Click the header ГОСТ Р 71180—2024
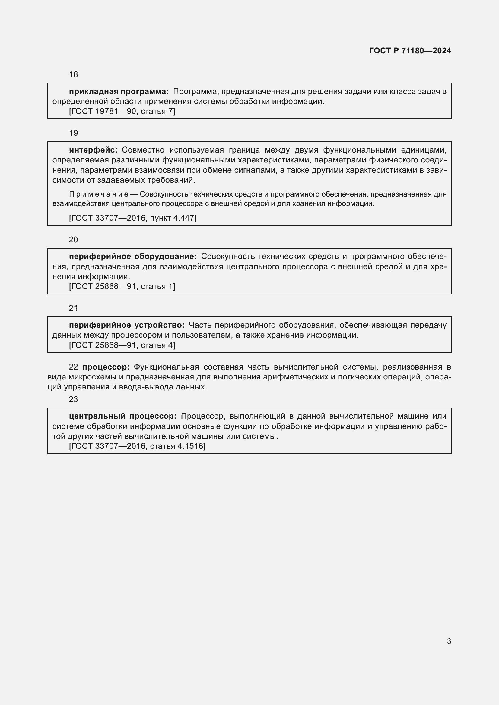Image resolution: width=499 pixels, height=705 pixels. click(410, 51)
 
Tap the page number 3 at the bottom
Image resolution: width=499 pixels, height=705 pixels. click(449, 641)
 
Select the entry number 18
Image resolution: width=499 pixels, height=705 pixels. click(73, 75)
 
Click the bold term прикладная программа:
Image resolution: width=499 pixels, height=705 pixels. click(119, 92)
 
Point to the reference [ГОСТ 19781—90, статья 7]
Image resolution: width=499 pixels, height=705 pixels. click(122, 112)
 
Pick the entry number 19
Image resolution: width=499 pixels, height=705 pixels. click(73, 133)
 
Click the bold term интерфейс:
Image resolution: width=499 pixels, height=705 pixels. click(93, 150)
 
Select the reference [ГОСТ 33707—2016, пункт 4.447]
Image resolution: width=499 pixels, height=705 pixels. click(133, 218)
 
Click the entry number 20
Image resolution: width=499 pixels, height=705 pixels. click(73, 240)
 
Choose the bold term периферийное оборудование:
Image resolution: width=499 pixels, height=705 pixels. click(133, 257)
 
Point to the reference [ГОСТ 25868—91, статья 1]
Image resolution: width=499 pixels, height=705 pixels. click(122, 286)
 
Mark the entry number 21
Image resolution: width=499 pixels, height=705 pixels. click(73, 308)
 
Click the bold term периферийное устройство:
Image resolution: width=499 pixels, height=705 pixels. click(127, 325)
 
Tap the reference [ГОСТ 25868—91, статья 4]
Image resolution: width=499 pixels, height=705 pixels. click(122, 345)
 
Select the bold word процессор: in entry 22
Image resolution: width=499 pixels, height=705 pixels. click(106, 367)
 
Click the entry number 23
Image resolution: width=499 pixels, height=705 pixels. click(73, 399)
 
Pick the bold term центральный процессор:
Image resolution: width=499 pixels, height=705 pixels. click(122, 416)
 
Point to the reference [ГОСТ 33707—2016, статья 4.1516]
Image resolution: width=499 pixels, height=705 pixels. click(137, 446)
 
